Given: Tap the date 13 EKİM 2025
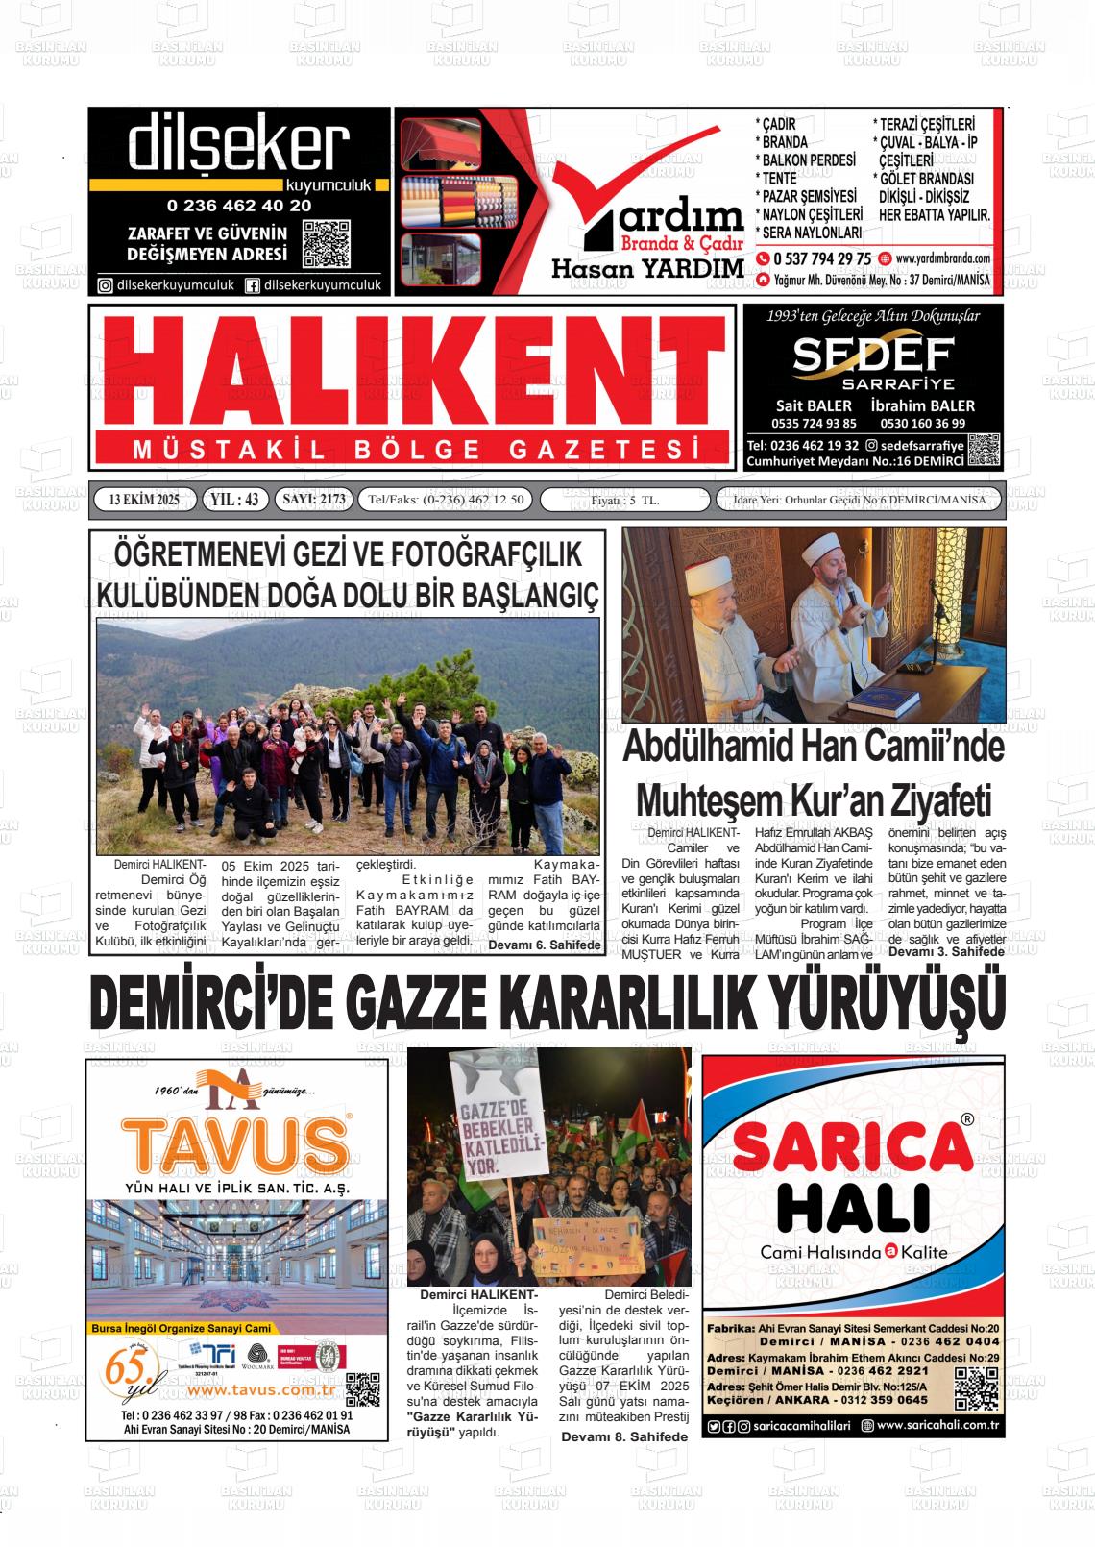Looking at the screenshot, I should [145, 499].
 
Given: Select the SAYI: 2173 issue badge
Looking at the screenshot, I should [313, 499].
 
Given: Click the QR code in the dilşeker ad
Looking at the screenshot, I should [326, 244].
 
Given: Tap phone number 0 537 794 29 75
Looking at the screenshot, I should [821, 258].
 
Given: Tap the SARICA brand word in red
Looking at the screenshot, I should [853, 1148].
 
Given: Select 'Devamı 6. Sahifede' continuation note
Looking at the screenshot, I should [545, 945].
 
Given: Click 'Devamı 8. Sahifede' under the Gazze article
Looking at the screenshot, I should [624, 1436].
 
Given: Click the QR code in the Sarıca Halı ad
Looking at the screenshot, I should [977, 1387].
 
